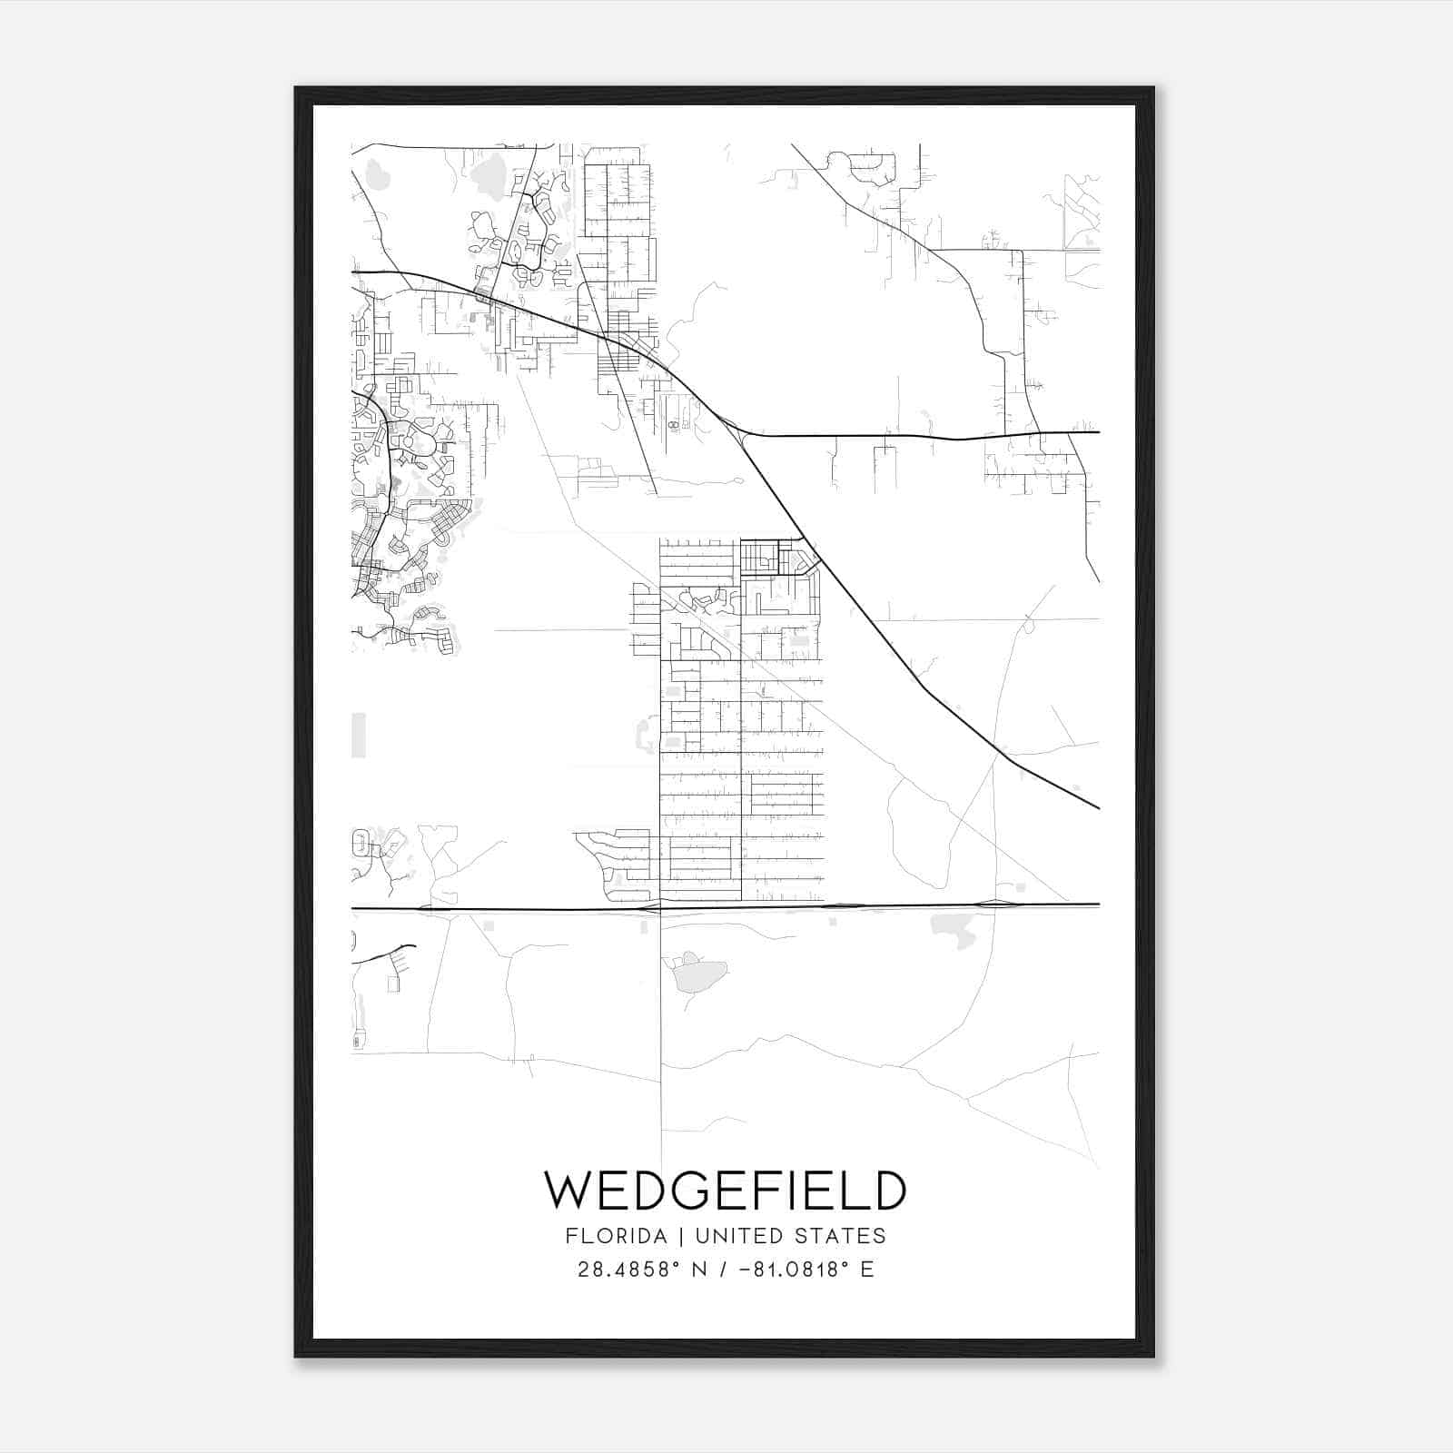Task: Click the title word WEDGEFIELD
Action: point(725,1191)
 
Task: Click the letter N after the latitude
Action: point(698,1270)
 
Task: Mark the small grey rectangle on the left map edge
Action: point(358,735)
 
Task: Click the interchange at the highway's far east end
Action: point(995,904)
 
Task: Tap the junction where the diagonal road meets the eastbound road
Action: point(743,436)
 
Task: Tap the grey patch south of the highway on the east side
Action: point(952,928)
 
